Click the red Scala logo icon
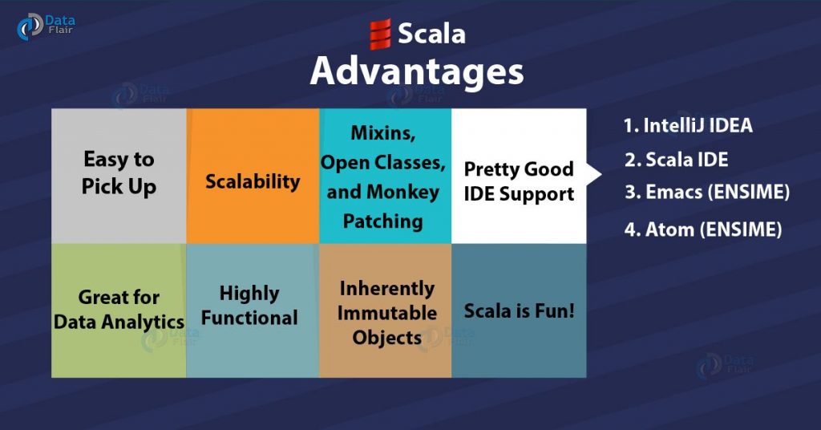(x=380, y=34)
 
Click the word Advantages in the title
(x=417, y=71)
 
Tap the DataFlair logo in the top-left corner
(x=46, y=26)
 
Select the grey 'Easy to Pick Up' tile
(x=119, y=176)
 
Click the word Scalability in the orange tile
(x=253, y=182)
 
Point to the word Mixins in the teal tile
(x=382, y=133)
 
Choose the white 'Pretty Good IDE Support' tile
(x=519, y=176)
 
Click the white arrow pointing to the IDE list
(x=594, y=174)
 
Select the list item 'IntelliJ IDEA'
(x=688, y=126)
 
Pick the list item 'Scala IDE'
(x=676, y=160)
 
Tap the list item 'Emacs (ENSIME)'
(x=707, y=193)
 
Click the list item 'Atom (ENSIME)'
(x=702, y=229)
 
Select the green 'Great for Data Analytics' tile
(x=119, y=310)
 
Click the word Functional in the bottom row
(x=249, y=318)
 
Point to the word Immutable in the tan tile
(x=387, y=313)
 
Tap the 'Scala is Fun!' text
(x=519, y=311)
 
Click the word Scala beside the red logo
(x=431, y=34)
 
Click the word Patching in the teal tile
(x=382, y=221)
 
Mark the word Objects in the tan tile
(x=387, y=338)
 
